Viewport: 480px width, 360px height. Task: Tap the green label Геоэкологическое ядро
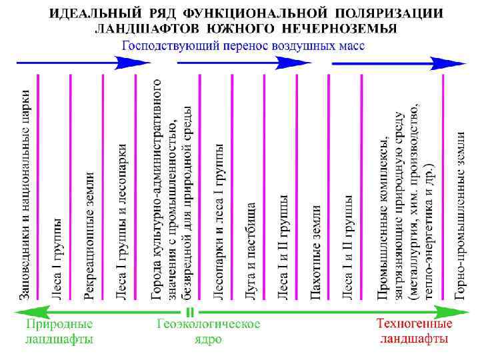pyautogui.click(x=208, y=331)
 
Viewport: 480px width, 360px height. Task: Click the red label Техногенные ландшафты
pyautogui.click(x=413, y=331)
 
